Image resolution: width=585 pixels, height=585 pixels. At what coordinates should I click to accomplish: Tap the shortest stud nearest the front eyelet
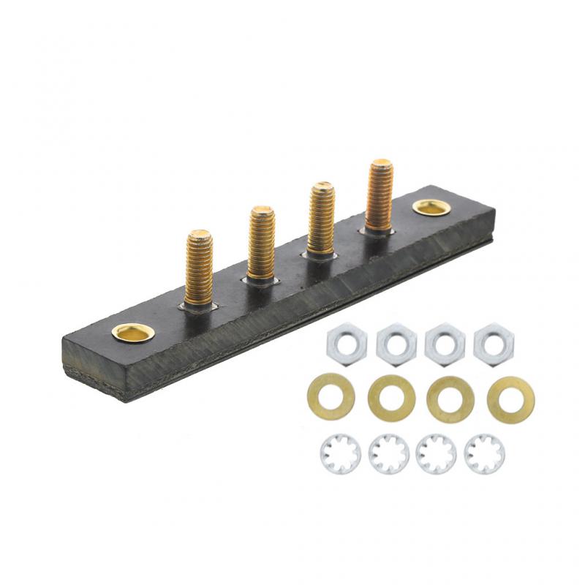199,267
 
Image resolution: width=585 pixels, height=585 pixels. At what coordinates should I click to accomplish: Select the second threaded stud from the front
261,243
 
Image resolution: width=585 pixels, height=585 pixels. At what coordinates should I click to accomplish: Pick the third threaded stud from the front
321,217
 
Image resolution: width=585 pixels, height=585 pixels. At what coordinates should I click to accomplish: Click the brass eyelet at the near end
133,333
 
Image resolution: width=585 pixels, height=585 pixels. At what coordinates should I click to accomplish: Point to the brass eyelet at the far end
430,207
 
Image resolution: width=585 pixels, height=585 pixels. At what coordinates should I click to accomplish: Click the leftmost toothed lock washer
340,454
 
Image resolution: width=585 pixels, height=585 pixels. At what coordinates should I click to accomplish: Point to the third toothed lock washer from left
437,454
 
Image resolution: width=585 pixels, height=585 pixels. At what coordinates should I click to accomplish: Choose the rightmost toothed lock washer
484,454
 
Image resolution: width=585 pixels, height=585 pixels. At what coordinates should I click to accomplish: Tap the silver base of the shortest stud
199,306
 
